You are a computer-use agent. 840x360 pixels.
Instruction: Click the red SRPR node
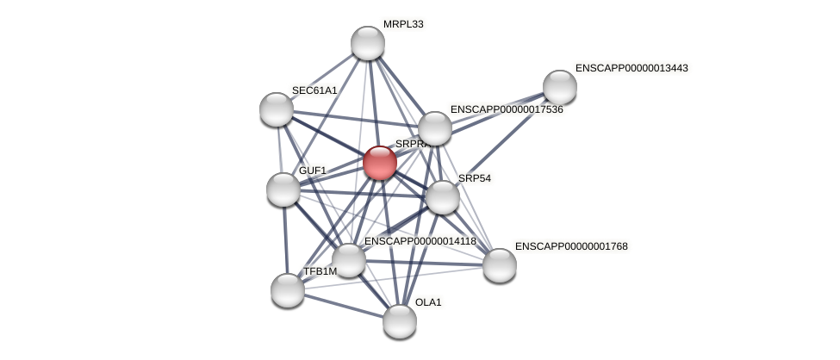tap(379, 163)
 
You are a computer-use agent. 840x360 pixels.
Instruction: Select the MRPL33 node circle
tap(368, 43)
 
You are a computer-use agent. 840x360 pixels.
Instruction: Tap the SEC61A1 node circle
tap(277, 109)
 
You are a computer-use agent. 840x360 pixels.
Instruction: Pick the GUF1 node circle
tap(283, 189)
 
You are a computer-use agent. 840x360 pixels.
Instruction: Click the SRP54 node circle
tap(443, 197)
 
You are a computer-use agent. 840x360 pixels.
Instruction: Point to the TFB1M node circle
tap(288, 290)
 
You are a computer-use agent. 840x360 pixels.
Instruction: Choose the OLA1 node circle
tap(400, 321)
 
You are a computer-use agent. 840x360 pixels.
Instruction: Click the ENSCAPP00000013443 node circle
tap(560, 87)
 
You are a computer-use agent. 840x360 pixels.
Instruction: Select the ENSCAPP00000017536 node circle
tap(435, 128)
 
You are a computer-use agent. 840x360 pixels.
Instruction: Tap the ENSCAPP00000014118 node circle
tap(349, 260)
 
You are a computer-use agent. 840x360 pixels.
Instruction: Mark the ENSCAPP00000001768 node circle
tap(500, 265)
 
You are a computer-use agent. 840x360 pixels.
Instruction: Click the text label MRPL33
tap(403, 24)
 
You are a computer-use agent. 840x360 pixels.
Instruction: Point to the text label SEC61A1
tap(314, 90)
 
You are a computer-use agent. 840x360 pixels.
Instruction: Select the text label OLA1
tap(428, 302)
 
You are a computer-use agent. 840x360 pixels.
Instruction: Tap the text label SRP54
tap(474, 178)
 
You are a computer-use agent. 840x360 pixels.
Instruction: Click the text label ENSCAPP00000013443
tap(632, 68)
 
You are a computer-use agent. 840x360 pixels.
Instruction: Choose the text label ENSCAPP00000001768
tap(571, 246)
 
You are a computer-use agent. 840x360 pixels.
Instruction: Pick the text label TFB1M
tap(320, 271)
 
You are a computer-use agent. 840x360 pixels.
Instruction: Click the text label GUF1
tap(313, 171)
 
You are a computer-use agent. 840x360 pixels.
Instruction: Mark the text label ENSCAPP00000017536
tap(507, 109)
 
